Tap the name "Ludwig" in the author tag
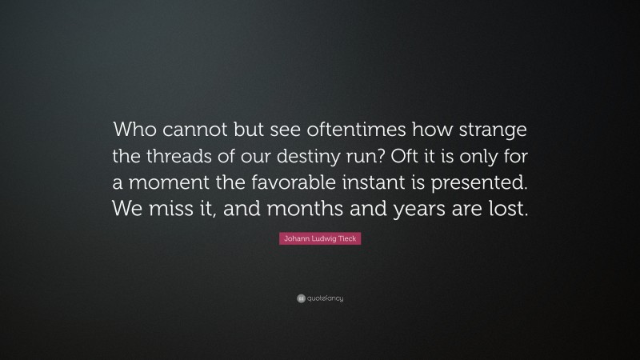point(321,238)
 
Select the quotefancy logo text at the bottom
point(325,298)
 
